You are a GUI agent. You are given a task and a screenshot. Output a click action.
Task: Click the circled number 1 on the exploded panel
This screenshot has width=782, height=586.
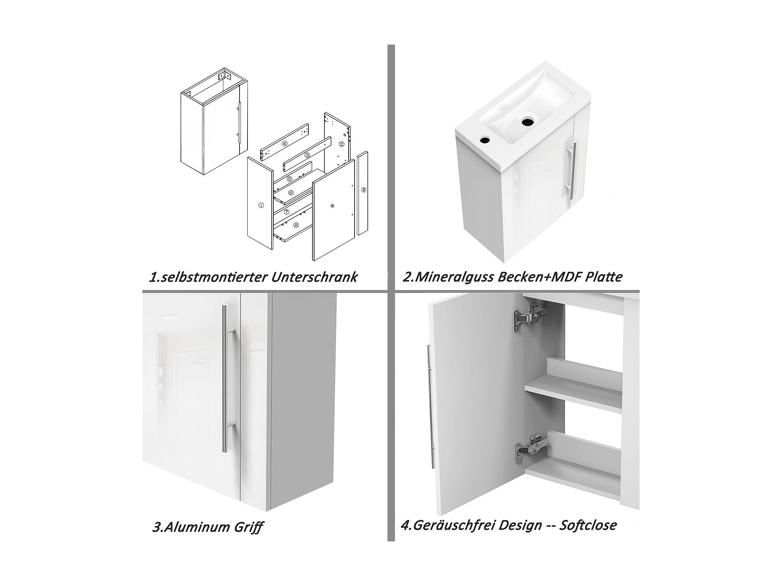[x=261, y=205]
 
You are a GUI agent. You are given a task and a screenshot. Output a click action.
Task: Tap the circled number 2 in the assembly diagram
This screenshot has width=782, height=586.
[x=342, y=144]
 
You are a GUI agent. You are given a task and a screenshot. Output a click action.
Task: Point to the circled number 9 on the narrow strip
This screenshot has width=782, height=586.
[x=364, y=190]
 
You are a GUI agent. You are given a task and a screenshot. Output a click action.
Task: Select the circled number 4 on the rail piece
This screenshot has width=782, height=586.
[x=285, y=144]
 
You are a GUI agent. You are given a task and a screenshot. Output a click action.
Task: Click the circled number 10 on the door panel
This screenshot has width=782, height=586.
[x=332, y=206]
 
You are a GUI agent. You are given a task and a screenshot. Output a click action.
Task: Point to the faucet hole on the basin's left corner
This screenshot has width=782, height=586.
[x=485, y=140]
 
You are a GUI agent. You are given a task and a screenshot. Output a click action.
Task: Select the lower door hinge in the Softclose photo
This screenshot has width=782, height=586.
[x=530, y=449]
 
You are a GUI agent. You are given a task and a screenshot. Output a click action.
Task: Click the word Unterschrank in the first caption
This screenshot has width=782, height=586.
[x=315, y=277]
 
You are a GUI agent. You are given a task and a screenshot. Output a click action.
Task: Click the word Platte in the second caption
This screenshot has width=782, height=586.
[x=603, y=276]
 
